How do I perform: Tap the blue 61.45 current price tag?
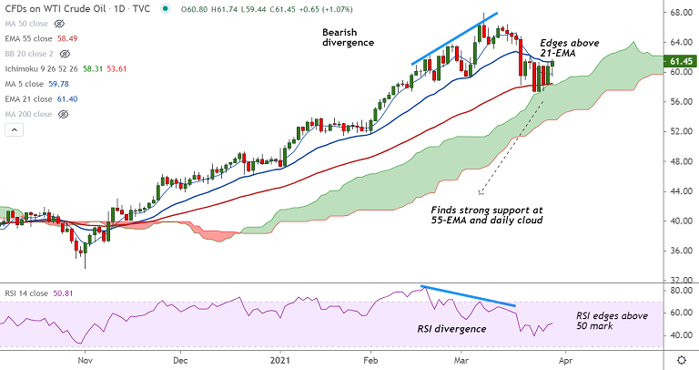point(682,61)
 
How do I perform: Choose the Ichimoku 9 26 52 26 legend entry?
point(55,68)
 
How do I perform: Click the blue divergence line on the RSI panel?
point(469,296)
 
